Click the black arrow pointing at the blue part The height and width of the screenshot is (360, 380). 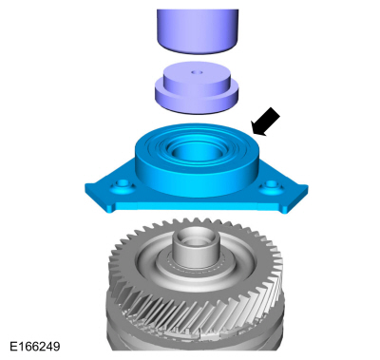(x=265, y=122)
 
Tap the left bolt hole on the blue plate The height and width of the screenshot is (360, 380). (x=122, y=184)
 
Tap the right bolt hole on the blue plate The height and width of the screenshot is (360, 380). (x=272, y=184)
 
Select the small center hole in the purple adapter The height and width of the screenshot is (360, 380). (x=198, y=72)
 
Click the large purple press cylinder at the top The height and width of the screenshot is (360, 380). (x=198, y=31)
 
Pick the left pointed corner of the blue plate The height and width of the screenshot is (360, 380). (x=85, y=186)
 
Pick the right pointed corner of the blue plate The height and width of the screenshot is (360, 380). (x=307, y=187)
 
